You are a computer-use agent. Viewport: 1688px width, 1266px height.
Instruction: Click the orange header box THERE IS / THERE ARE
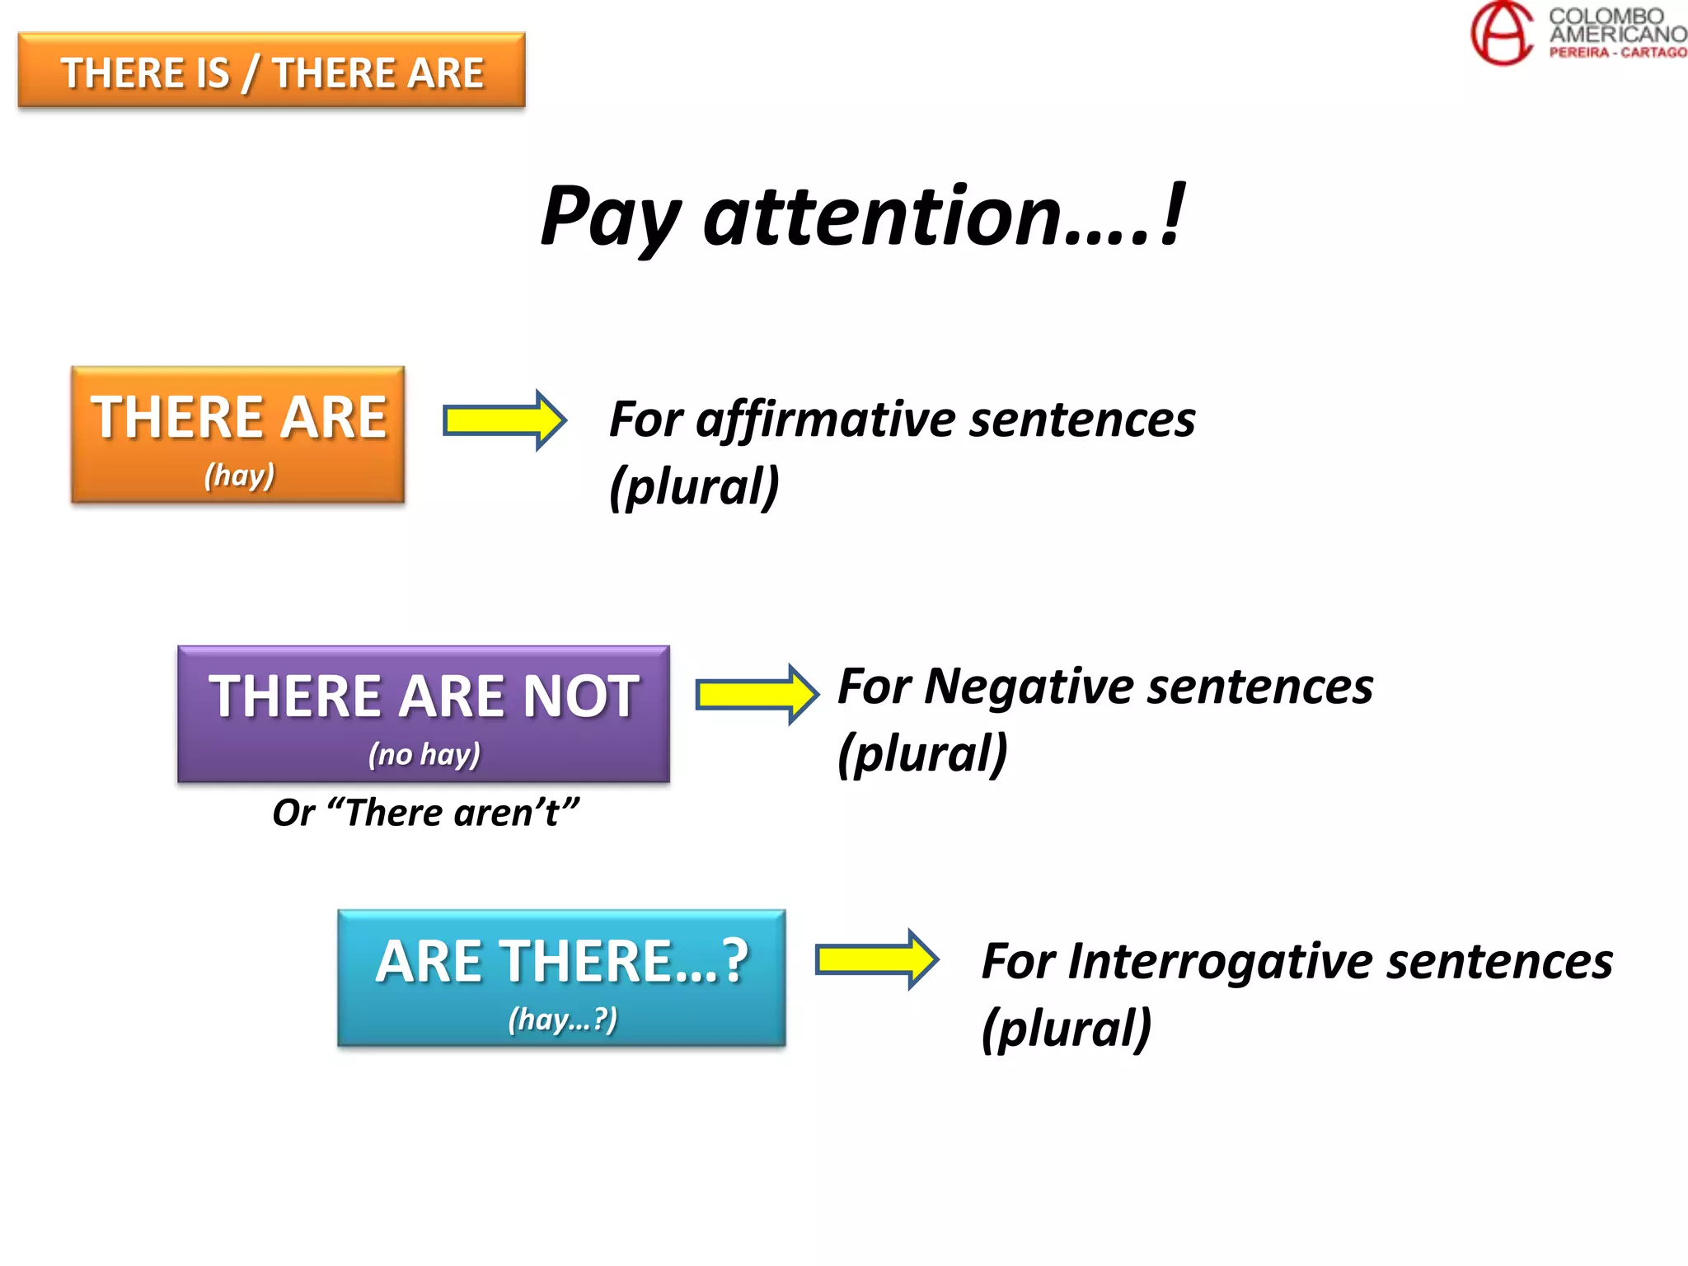271,71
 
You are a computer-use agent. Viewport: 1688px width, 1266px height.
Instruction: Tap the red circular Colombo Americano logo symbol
1503,33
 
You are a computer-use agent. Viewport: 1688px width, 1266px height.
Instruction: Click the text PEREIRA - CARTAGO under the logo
1617,53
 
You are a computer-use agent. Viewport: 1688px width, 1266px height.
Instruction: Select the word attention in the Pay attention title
881,216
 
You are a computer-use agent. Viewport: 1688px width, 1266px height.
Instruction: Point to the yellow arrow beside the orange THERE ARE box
504,420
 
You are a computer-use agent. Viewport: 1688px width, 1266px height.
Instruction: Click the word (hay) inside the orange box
239,476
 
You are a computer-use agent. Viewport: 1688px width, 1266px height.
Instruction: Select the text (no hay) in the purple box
424,754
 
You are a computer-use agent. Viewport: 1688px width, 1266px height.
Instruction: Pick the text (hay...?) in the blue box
562,1020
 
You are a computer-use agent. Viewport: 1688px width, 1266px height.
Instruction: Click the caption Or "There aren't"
425,813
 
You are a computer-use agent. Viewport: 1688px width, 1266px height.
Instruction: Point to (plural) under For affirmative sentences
694,486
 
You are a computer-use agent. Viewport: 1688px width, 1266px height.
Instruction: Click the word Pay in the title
610,216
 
